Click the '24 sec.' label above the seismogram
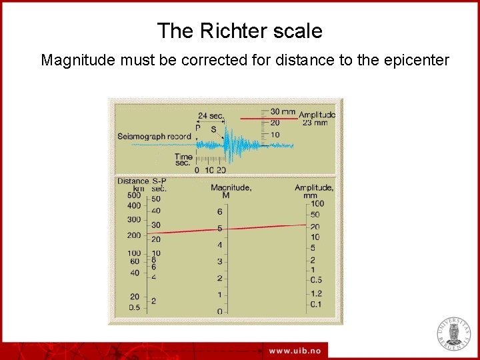click(211, 115)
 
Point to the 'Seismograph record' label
click(154, 136)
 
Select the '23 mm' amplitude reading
click(315, 123)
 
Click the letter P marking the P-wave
click(197, 128)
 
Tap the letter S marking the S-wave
click(213, 129)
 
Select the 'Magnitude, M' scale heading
click(231, 191)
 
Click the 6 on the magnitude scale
click(219, 212)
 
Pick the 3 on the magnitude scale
click(219, 262)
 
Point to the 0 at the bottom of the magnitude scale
click(219, 311)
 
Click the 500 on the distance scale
click(133, 195)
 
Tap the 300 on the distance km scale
click(133, 220)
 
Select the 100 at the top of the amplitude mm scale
click(317, 203)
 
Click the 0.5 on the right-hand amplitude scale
click(316, 280)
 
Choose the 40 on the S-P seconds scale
click(155, 211)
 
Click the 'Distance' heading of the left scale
click(133, 181)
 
